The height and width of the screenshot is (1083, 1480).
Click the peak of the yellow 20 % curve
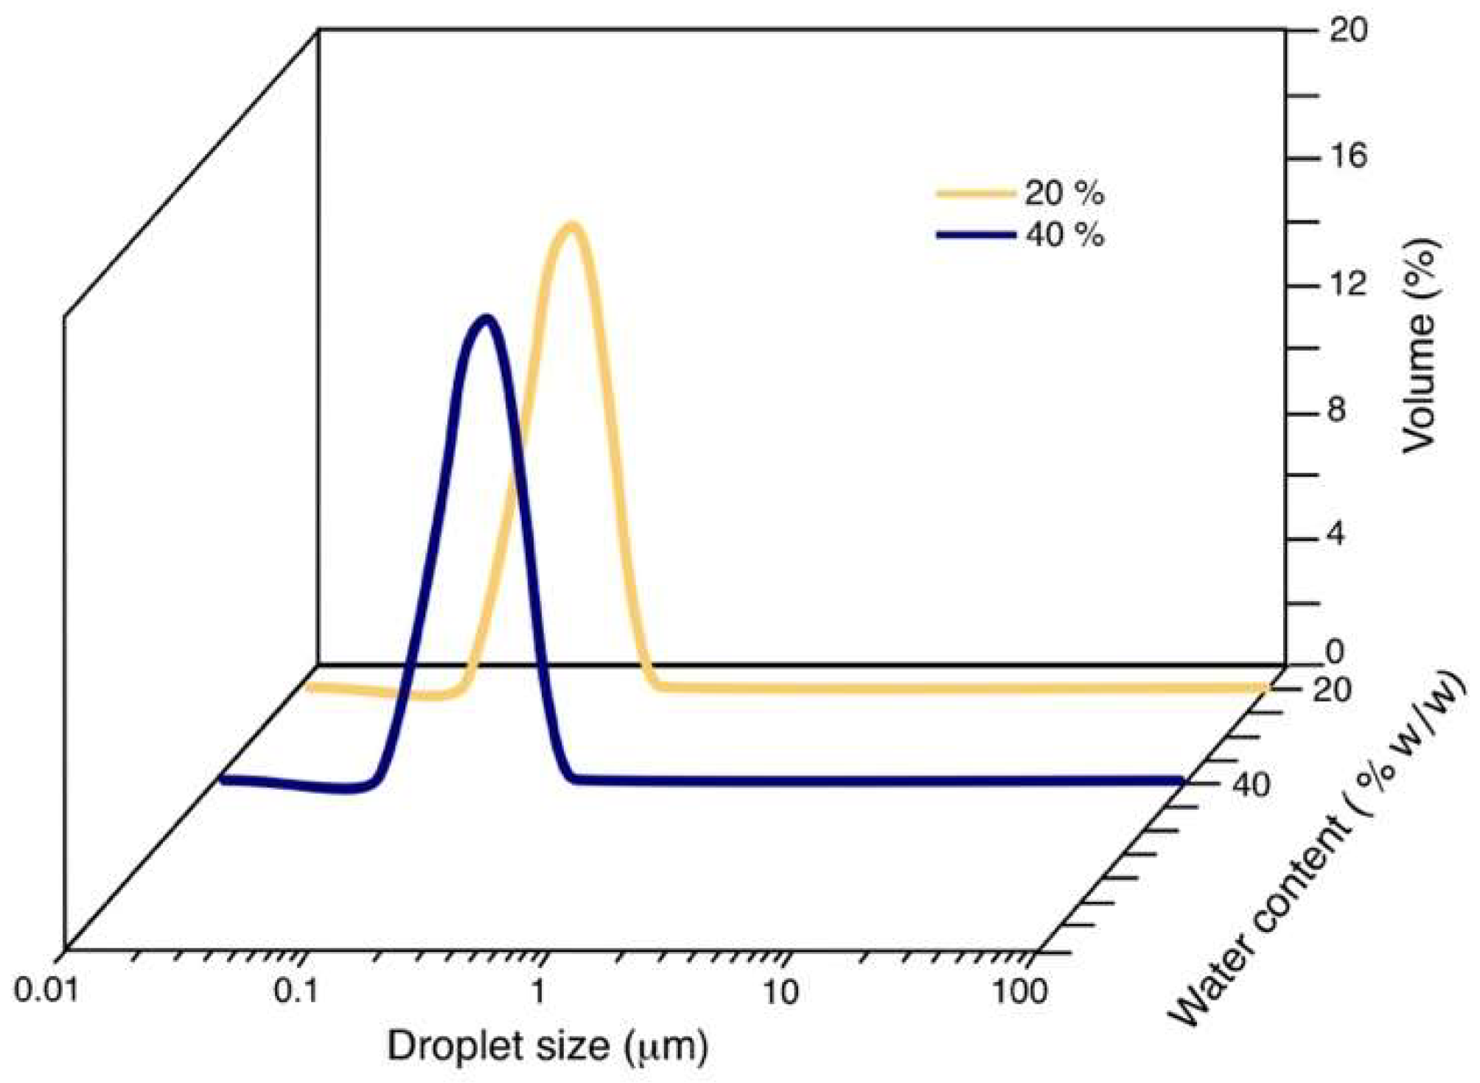pyautogui.click(x=572, y=227)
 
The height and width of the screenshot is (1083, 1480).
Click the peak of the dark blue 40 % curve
pyautogui.click(x=485, y=320)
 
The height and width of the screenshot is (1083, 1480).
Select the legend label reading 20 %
pyautogui.click(x=1064, y=193)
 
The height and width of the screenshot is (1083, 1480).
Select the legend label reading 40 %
pyautogui.click(x=1064, y=235)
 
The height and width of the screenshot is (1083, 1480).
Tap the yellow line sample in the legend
pyautogui.click(x=975, y=194)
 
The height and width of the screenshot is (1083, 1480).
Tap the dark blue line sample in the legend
pyautogui.click(x=975, y=235)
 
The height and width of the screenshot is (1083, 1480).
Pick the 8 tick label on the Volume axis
pyautogui.click(x=1336, y=410)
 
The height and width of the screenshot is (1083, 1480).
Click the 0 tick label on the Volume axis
pyautogui.click(x=1335, y=651)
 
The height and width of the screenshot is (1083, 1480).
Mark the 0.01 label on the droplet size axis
pyautogui.click(x=46, y=992)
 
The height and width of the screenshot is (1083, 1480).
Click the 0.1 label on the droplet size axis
pyautogui.click(x=296, y=992)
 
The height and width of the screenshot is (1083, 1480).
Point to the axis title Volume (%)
pyautogui.click(x=1420, y=346)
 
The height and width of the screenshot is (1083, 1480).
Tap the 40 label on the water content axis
pyautogui.click(x=1251, y=785)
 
